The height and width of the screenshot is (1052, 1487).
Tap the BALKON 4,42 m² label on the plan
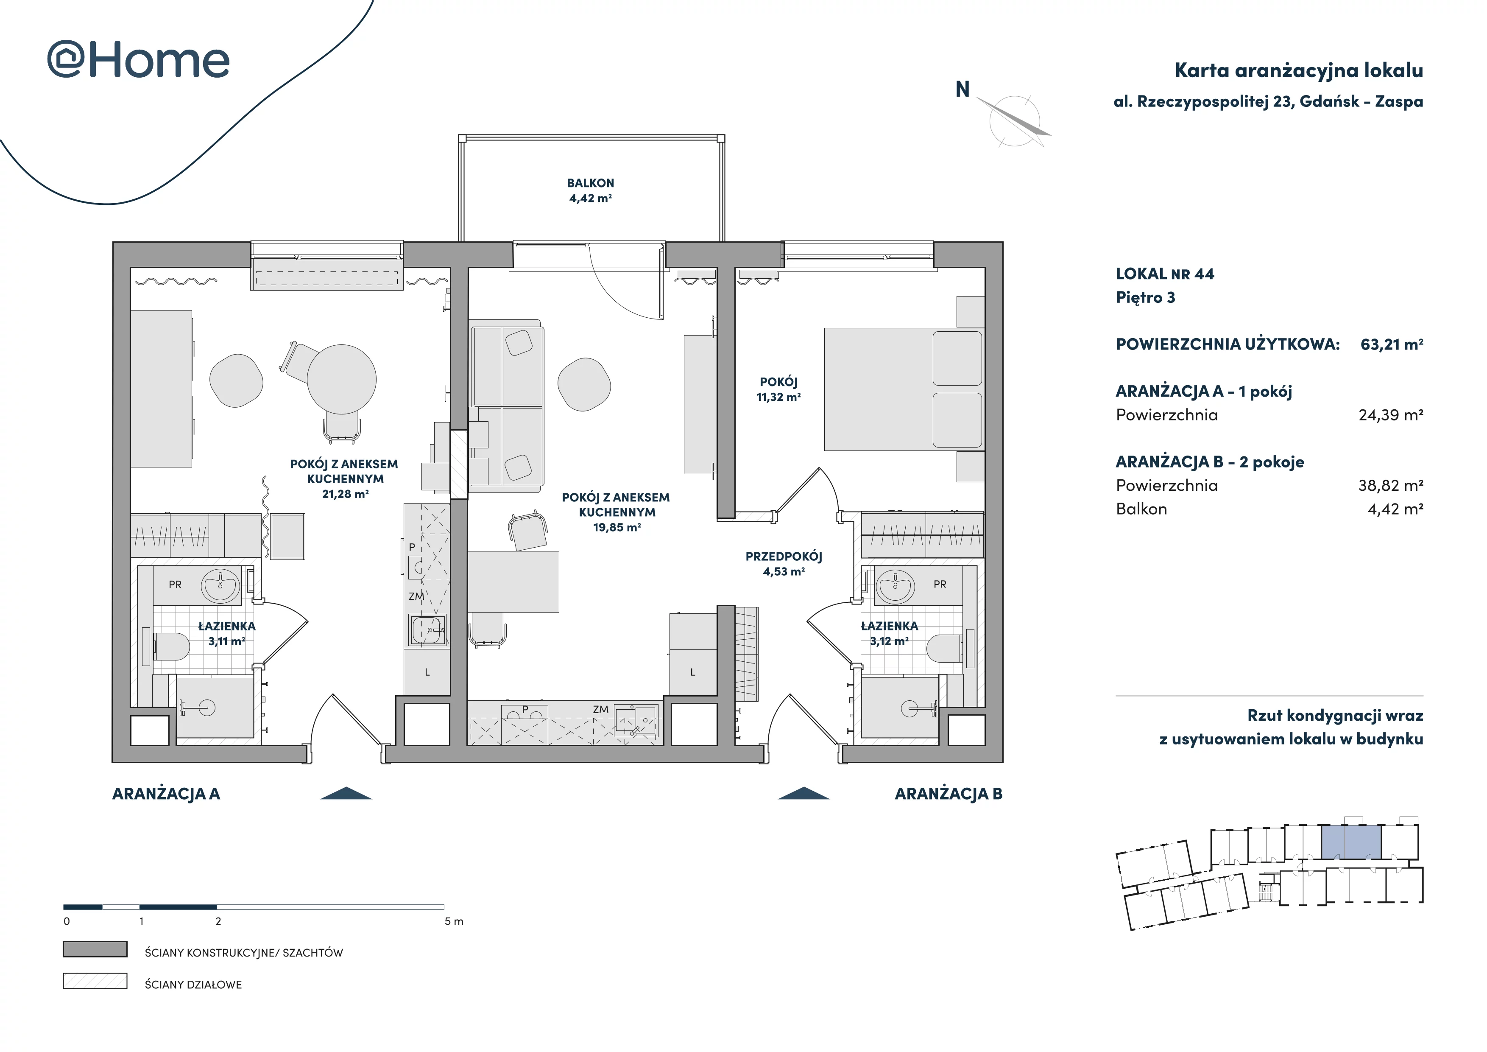590,190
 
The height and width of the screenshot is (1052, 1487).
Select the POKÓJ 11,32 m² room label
778,389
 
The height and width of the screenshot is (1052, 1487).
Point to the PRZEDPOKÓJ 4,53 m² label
784,564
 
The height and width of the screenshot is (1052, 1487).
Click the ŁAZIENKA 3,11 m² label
227,633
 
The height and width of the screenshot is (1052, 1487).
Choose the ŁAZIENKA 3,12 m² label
889,633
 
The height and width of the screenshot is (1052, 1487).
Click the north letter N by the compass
963,90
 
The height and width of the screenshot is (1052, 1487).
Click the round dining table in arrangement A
341,379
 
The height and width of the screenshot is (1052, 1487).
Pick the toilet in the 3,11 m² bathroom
171,646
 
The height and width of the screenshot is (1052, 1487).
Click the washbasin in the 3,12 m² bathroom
896,586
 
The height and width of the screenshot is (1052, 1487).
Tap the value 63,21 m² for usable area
1392,344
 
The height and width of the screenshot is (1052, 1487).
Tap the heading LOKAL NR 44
1164,274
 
